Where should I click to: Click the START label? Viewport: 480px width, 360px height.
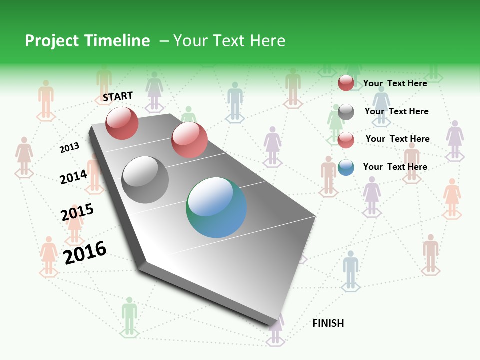click(118, 96)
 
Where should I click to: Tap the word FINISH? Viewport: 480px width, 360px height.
click(328, 323)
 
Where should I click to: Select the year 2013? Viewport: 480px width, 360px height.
click(69, 147)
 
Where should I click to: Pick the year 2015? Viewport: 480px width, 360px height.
click(77, 212)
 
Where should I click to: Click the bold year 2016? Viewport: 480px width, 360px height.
click(85, 253)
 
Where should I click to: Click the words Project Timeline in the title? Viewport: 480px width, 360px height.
click(87, 41)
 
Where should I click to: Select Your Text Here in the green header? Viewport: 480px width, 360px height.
click(229, 41)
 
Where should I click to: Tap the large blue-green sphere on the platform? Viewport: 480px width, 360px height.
click(216, 207)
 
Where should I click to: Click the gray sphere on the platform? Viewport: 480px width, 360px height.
click(145, 179)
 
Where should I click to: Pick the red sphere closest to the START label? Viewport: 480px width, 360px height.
click(122, 123)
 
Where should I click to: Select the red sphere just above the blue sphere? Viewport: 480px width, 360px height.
click(189, 139)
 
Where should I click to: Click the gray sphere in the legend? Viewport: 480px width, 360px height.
click(346, 112)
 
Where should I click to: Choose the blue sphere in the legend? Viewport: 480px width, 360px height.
click(346, 167)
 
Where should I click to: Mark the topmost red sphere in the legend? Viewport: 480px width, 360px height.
click(346, 83)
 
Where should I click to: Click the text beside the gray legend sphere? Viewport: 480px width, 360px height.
click(396, 111)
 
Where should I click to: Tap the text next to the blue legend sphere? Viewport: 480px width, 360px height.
click(395, 167)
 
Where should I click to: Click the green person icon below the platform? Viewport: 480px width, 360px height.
click(129, 315)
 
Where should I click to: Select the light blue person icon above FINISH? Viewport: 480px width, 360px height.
click(350, 268)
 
